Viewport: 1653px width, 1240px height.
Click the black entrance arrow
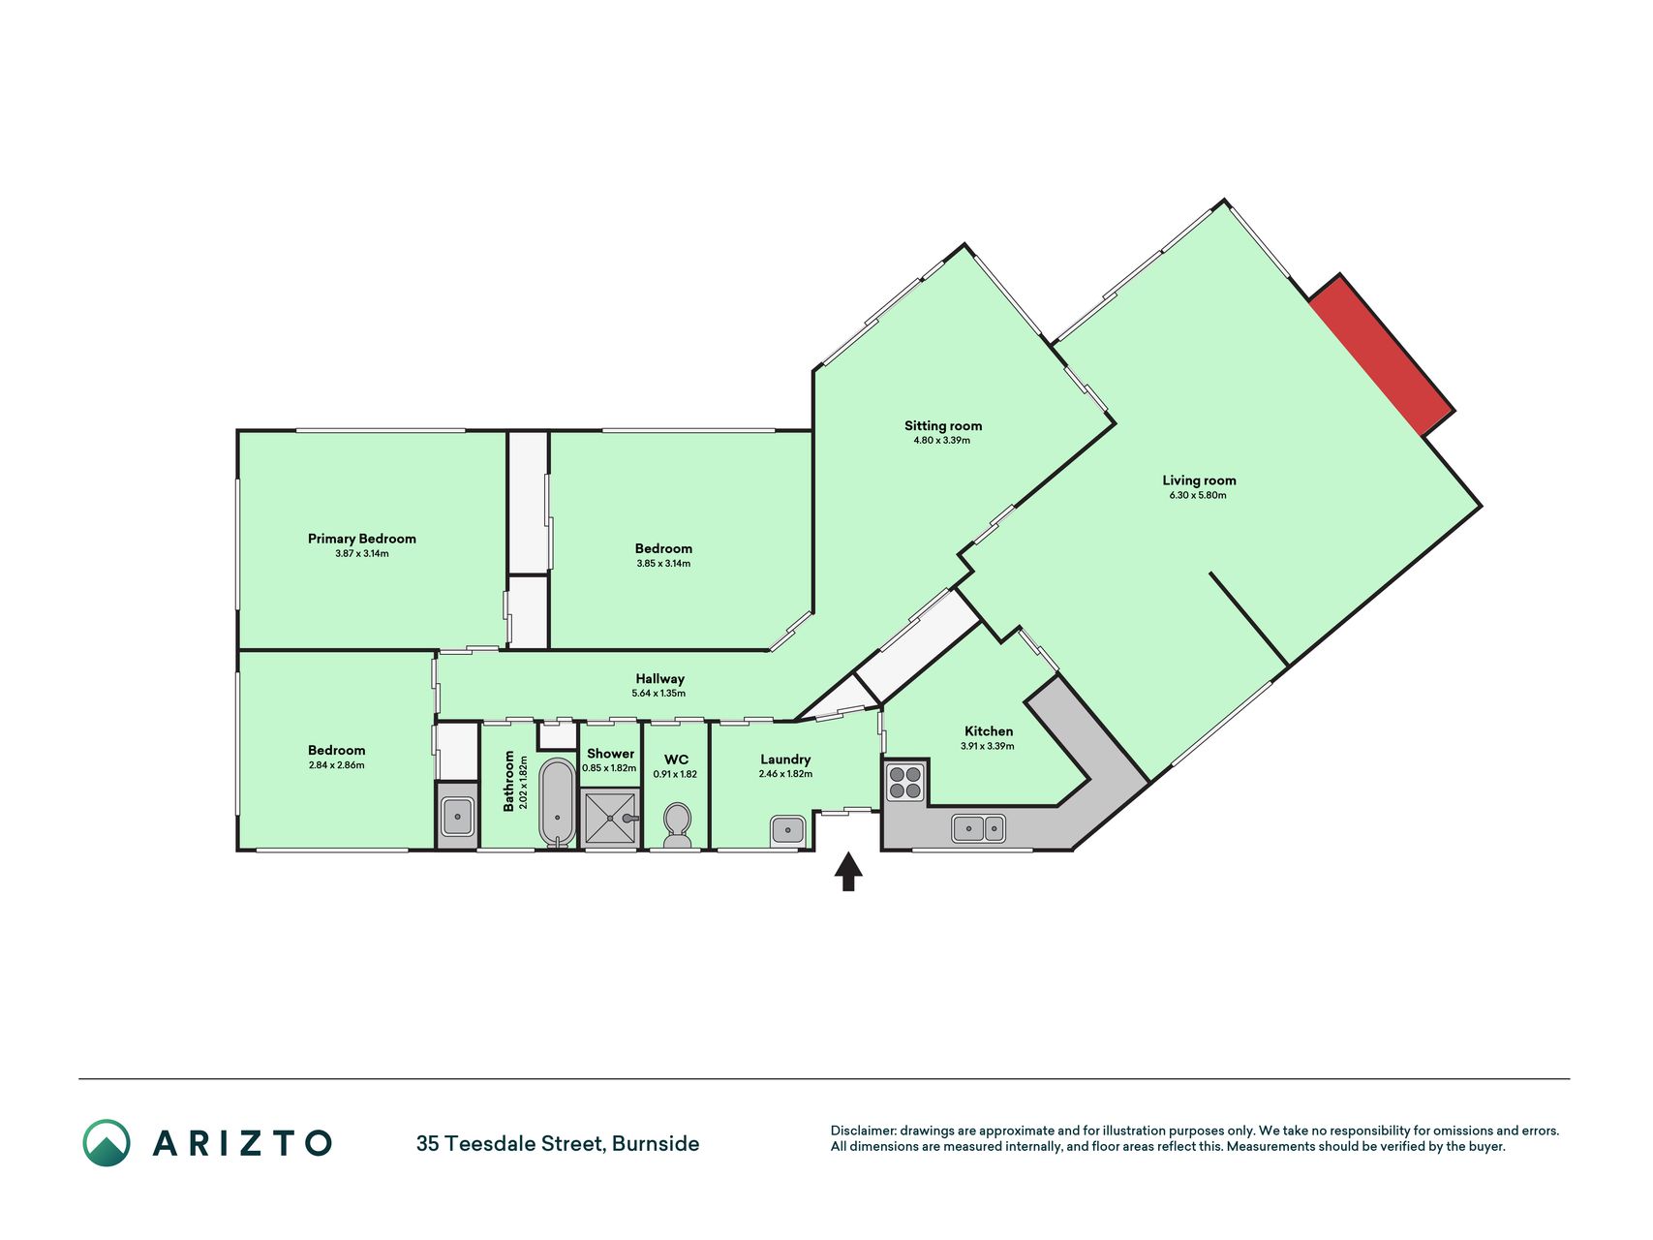click(x=848, y=871)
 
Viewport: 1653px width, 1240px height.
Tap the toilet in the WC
click(x=677, y=825)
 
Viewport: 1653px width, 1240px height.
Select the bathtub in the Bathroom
click(x=557, y=802)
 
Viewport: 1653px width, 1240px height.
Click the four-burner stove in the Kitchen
click(x=905, y=783)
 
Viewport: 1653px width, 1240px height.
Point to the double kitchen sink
click(x=978, y=828)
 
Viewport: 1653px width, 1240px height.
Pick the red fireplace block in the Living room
click(x=1382, y=356)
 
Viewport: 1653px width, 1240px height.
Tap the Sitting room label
click(x=943, y=425)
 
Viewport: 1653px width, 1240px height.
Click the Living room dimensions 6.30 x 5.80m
click(x=1198, y=495)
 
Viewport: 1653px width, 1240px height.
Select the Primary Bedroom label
click(x=362, y=539)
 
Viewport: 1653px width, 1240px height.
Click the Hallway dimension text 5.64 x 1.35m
click(x=658, y=694)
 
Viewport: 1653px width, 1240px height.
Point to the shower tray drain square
click(x=610, y=818)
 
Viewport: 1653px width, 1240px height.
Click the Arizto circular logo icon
click(x=107, y=1143)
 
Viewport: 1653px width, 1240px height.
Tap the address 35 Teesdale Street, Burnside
click(x=558, y=1143)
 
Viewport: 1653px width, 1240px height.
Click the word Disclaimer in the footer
click(x=863, y=1131)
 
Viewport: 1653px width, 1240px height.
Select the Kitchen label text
click(x=989, y=731)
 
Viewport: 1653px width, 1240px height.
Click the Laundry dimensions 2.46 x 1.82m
click(x=785, y=774)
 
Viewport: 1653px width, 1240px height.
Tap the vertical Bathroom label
click(x=508, y=781)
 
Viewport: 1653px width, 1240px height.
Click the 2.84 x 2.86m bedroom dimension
click(x=336, y=765)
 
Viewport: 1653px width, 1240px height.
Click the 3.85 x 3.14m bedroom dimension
click(x=663, y=564)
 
